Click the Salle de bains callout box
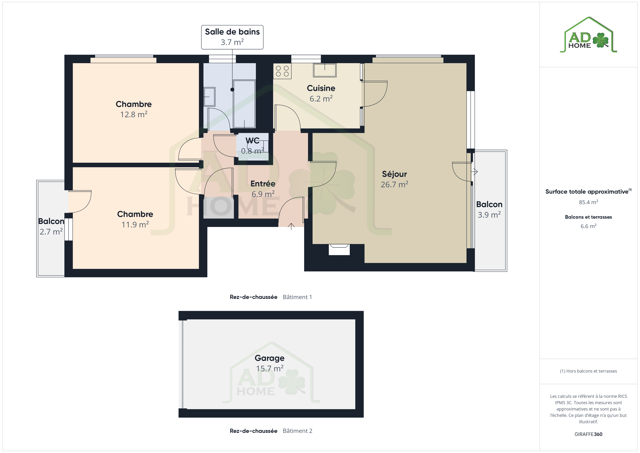pyautogui.click(x=232, y=37)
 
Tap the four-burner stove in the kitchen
pyautogui.click(x=282, y=71)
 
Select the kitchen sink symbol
pyautogui.click(x=325, y=70)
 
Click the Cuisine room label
pyautogui.click(x=321, y=88)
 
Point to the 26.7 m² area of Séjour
pyautogui.click(x=394, y=184)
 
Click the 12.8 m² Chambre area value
pyautogui.click(x=134, y=114)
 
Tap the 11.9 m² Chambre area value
pyautogui.click(x=135, y=224)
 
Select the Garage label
pyautogui.click(x=270, y=358)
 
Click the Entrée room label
pyautogui.click(x=263, y=183)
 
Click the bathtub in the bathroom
pyautogui.click(x=244, y=104)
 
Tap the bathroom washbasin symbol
pyautogui.click(x=209, y=97)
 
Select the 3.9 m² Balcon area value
pyautogui.click(x=489, y=215)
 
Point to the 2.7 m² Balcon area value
pyautogui.click(x=51, y=232)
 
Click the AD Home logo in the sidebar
pyautogui.click(x=588, y=35)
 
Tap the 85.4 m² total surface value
pyautogui.click(x=588, y=202)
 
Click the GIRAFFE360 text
pyautogui.click(x=588, y=434)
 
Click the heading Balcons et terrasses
pyautogui.click(x=588, y=217)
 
